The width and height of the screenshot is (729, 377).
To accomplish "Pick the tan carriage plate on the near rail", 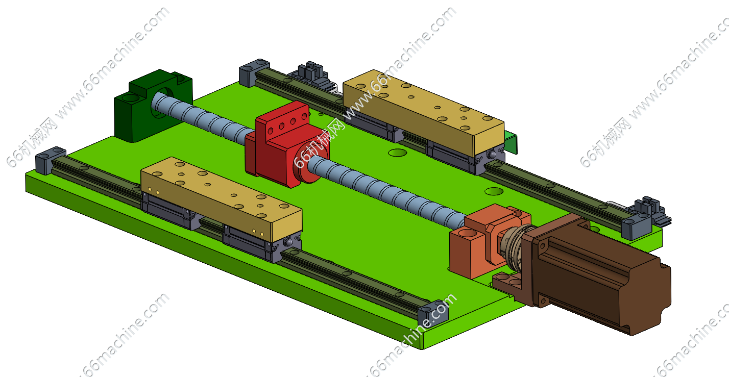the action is [x=222, y=198].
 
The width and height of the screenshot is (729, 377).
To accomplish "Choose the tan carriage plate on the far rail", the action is [x=423, y=112].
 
